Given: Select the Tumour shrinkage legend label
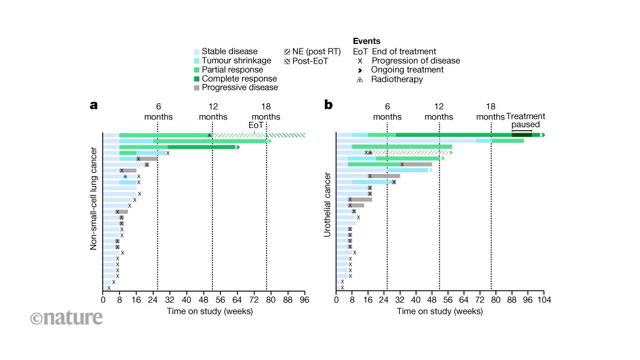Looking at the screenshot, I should [x=236, y=61].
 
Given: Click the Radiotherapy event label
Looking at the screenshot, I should [x=397, y=79].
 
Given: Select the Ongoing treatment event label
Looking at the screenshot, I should [x=408, y=70].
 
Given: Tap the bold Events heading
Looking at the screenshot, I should [x=366, y=41].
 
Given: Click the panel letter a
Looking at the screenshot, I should [x=94, y=105].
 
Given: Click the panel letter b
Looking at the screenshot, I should [x=328, y=105].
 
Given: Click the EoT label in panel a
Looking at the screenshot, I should [x=256, y=125].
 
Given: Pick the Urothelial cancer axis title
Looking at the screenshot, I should [x=327, y=205].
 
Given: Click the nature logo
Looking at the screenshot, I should [x=66, y=318].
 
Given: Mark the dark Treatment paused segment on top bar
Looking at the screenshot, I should [x=522, y=135].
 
